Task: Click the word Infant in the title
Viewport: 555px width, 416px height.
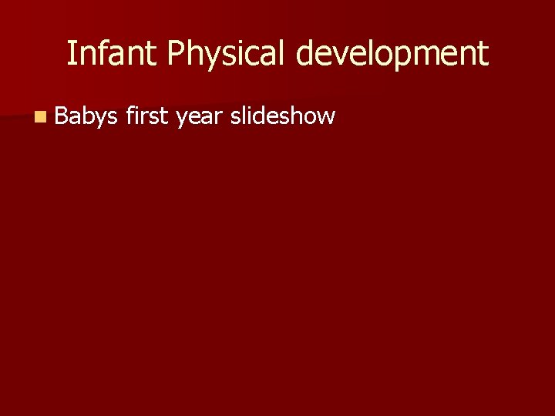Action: click(x=112, y=53)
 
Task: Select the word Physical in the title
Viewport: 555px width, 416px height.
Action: click(x=227, y=54)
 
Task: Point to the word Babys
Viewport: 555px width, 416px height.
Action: click(x=86, y=117)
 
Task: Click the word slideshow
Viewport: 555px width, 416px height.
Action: click(x=283, y=116)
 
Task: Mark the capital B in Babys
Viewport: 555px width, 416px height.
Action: click(x=62, y=116)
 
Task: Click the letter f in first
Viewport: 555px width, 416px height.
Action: click(x=129, y=116)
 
